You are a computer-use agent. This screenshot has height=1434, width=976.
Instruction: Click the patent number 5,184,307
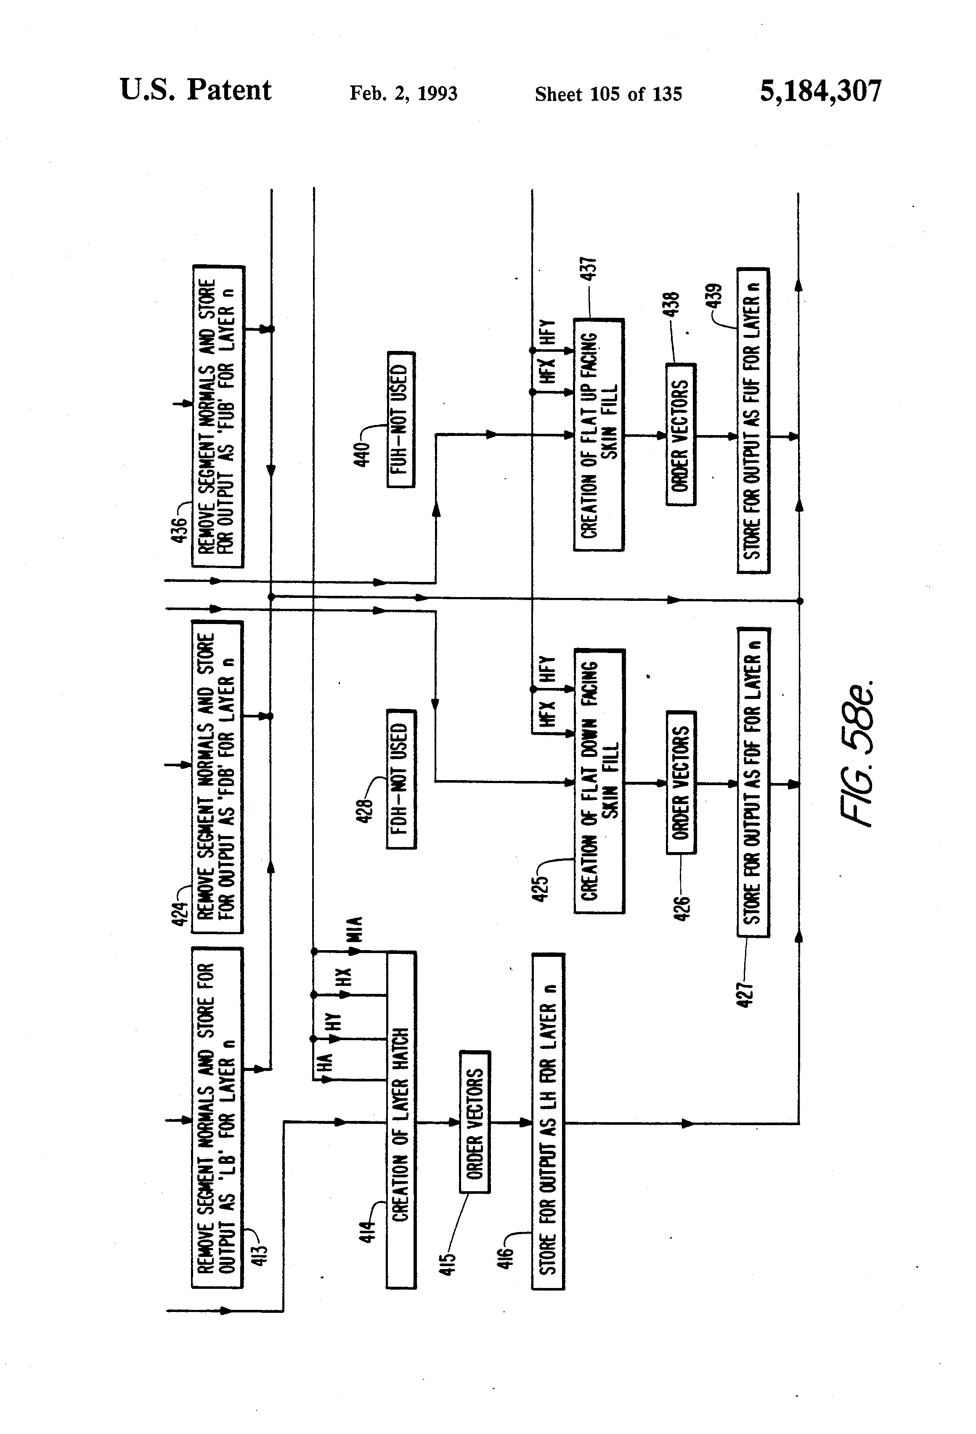coord(820,91)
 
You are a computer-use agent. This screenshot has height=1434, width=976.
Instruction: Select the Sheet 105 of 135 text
coord(608,94)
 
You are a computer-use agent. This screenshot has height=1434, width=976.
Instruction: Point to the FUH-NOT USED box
coord(401,420)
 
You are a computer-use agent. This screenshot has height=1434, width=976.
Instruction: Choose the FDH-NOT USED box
coord(401,779)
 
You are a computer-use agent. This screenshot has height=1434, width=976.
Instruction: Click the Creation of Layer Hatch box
coord(401,1120)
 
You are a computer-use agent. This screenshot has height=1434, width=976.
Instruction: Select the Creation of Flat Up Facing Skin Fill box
coord(599,435)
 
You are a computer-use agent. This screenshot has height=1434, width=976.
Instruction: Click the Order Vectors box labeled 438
coord(681,435)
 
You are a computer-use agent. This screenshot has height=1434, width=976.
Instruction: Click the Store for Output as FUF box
coord(753,421)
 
